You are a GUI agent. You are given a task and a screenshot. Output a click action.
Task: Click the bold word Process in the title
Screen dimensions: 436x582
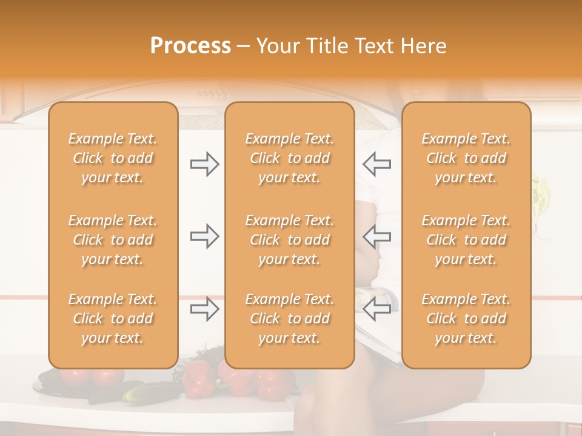click(190, 46)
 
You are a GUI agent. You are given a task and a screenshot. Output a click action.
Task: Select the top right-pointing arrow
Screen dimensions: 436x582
click(205, 165)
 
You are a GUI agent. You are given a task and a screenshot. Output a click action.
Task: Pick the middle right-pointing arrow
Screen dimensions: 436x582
click(205, 236)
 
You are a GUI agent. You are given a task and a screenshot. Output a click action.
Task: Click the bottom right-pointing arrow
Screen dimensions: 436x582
click(205, 309)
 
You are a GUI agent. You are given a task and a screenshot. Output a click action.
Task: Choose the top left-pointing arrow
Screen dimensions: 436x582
click(377, 165)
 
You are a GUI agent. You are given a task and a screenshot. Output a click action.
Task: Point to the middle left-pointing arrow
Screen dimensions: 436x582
click(377, 236)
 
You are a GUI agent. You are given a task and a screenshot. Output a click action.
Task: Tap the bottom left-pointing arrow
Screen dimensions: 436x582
click(377, 309)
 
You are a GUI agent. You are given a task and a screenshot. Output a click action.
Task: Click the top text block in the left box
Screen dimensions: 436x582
click(113, 158)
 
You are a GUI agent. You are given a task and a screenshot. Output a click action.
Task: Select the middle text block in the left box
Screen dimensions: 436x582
click(113, 240)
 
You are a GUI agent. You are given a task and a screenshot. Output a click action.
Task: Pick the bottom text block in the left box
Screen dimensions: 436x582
click(113, 319)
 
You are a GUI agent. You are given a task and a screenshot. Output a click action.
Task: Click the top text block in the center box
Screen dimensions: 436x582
click(289, 158)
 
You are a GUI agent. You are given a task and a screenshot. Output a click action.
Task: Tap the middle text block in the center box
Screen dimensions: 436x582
click(289, 240)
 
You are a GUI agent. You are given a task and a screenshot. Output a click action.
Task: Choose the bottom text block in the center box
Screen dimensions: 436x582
click(289, 319)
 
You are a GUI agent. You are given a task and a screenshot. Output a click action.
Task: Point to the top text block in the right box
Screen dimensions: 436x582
click(466, 158)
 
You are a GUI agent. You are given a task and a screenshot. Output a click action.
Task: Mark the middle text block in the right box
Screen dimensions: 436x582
click(466, 240)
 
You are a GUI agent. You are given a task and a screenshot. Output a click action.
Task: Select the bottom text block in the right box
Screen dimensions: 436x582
click(466, 319)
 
